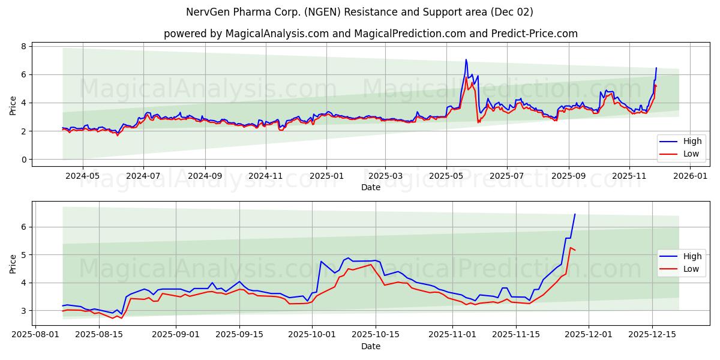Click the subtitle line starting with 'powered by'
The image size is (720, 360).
pyautogui.click(x=370, y=34)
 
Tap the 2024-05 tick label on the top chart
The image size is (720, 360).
pyautogui.click(x=82, y=176)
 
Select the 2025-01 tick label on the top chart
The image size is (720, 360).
pyautogui.click(x=326, y=176)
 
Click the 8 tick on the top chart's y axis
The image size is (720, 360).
pyautogui.click(x=23, y=46)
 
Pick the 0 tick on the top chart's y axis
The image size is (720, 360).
pyautogui.click(x=23, y=160)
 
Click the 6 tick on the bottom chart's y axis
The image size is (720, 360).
pyautogui.click(x=23, y=227)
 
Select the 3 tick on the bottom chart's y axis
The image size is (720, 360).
pyautogui.click(x=23, y=311)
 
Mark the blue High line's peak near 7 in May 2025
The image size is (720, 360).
pyautogui.click(x=466, y=59)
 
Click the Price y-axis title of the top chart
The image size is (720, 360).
pyautogui.click(x=13, y=106)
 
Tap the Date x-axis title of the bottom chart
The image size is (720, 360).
pyautogui.click(x=370, y=346)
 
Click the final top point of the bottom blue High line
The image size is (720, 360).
pyautogui.click(x=575, y=214)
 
